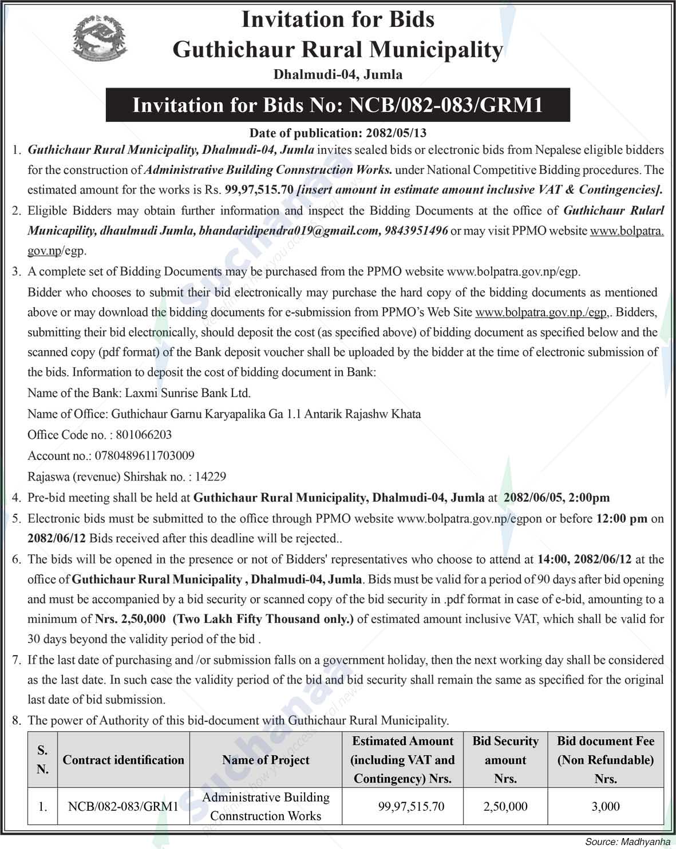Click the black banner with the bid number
(338, 105)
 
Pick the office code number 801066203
(143, 435)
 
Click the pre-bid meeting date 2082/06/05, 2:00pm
(556, 498)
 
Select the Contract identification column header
(123, 760)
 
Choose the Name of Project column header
(266, 760)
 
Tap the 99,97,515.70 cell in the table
(411, 807)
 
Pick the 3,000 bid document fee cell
(606, 807)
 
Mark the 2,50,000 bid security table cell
(505, 807)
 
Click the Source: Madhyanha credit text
(627, 842)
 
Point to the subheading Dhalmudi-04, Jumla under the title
(338, 74)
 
